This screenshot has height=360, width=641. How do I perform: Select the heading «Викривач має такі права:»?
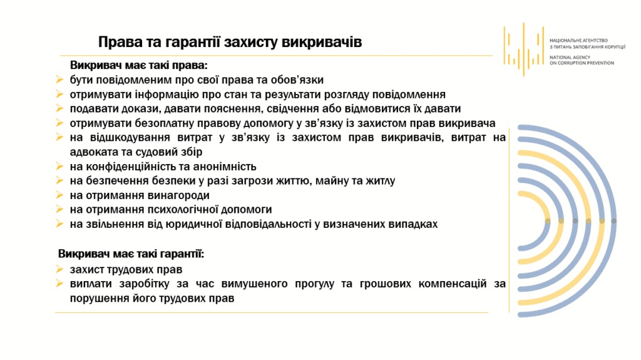coord(138,66)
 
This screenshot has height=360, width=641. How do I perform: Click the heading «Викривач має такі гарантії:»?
coord(131,254)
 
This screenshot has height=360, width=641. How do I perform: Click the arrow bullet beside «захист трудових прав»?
coord(59,269)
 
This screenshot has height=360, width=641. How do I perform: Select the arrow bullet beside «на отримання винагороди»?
coord(59,195)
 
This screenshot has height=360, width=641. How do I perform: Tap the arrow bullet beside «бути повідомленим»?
coord(59,80)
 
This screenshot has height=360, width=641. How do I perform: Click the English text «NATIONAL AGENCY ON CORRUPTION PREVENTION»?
coord(582,61)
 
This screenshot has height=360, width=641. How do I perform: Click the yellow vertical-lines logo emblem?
coord(524,49)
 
